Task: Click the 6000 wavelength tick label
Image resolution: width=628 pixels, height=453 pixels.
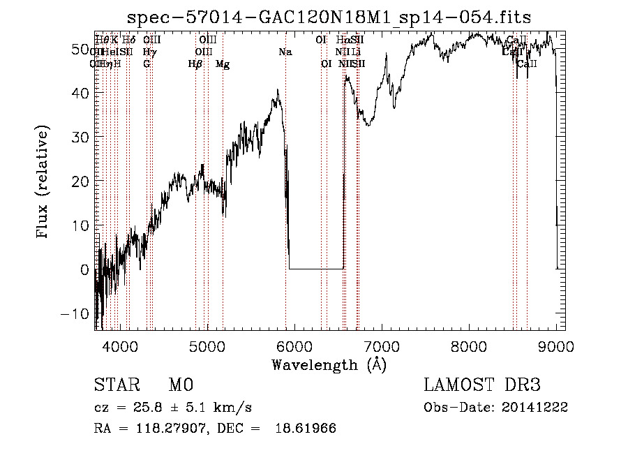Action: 294,346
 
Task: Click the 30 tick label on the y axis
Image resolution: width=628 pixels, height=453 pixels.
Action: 80,137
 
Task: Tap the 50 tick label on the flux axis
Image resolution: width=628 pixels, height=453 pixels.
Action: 80,49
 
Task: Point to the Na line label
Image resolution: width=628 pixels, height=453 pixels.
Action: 285,52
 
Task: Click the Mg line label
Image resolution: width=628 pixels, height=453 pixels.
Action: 223,64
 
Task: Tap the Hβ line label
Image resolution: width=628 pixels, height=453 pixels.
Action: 195,64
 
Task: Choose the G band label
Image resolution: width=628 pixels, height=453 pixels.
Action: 147,64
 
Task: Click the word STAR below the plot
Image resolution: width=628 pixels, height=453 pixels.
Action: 114,386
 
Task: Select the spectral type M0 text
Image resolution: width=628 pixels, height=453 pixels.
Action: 180,386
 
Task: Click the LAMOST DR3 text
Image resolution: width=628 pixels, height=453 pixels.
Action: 481,386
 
